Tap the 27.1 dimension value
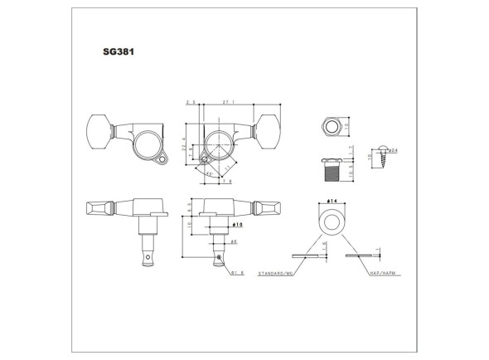(x=228, y=102)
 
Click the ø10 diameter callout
(x=236, y=224)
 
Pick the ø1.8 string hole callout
(x=237, y=271)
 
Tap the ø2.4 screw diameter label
(x=394, y=150)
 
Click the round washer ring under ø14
(x=331, y=222)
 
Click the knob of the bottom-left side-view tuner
(x=99, y=208)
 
